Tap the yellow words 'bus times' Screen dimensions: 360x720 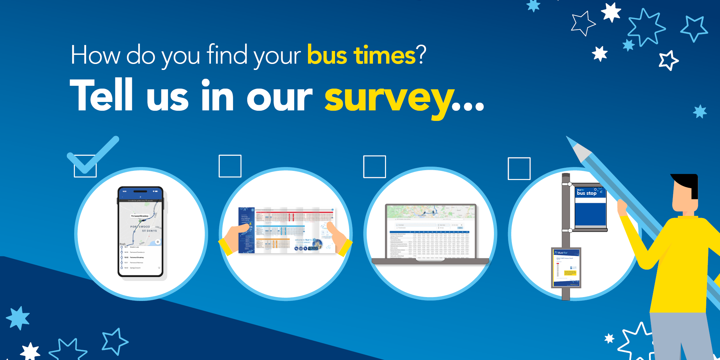click(x=361, y=56)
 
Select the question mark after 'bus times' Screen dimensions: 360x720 click(x=422, y=56)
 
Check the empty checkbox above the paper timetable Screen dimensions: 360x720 click(x=230, y=166)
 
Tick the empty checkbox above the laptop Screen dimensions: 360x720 click(x=374, y=167)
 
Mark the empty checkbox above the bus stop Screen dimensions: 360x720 click(x=519, y=168)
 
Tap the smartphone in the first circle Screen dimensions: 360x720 click(x=141, y=232)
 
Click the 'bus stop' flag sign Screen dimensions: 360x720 click(x=590, y=207)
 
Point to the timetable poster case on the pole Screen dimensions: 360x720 click(x=566, y=268)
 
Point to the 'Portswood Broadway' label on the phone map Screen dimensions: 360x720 click(x=140, y=216)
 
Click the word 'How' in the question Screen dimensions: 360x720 click(x=95, y=56)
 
